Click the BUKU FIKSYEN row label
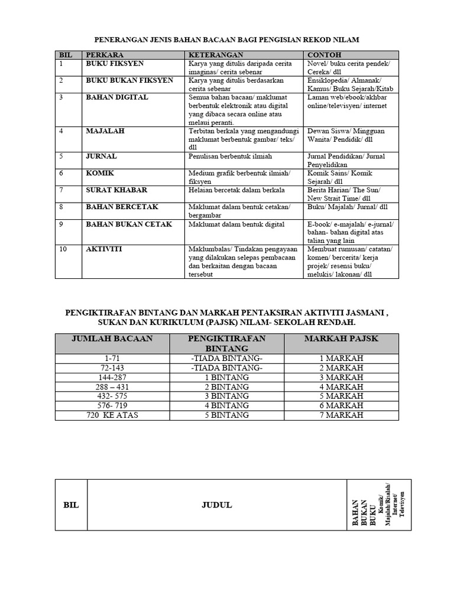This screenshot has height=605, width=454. click(x=115, y=63)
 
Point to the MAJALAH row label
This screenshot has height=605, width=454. click(x=105, y=131)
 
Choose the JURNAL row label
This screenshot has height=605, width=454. click(x=102, y=157)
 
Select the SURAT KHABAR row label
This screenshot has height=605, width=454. click(x=116, y=190)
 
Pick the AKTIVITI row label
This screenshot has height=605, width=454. click(x=104, y=250)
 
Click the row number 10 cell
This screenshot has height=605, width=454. click(x=63, y=250)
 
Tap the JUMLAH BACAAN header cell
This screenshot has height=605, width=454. click(x=112, y=339)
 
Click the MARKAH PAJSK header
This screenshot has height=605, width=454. click(x=341, y=339)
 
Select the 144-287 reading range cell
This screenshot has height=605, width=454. click(x=112, y=377)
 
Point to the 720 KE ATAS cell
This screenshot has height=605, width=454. click(x=112, y=415)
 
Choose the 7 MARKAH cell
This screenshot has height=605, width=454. click(x=342, y=415)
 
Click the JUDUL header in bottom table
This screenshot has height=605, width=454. click(x=216, y=505)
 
